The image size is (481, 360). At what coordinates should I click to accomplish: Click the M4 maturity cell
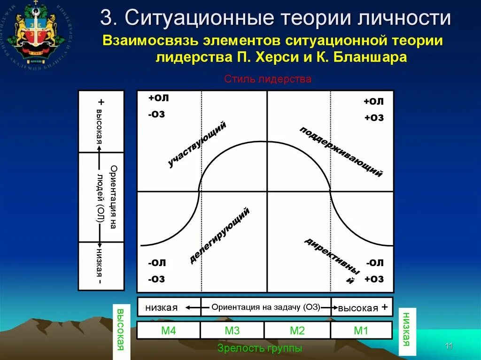[168, 330]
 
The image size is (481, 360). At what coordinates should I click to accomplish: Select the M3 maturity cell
[232, 330]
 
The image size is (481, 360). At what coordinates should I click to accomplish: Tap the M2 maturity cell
[297, 330]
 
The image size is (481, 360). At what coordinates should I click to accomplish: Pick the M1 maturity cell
[361, 330]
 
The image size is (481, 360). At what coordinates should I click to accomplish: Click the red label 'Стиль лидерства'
[268, 79]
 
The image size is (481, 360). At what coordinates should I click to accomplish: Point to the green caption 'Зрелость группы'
[260, 348]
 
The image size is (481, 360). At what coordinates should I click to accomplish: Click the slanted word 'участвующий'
[197, 144]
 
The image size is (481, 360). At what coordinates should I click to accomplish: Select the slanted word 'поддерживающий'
[341, 152]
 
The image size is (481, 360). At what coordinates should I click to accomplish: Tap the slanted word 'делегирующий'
[219, 235]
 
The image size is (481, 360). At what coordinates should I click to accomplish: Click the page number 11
[448, 346]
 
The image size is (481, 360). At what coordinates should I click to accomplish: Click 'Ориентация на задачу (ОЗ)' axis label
[265, 307]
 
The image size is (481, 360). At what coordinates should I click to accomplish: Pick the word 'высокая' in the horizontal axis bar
[358, 308]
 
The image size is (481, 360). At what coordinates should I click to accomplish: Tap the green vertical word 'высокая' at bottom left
[120, 330]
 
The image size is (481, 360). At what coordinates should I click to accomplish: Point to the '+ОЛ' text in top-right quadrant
[373, 101]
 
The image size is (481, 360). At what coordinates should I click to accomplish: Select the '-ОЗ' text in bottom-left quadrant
[156, 279]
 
